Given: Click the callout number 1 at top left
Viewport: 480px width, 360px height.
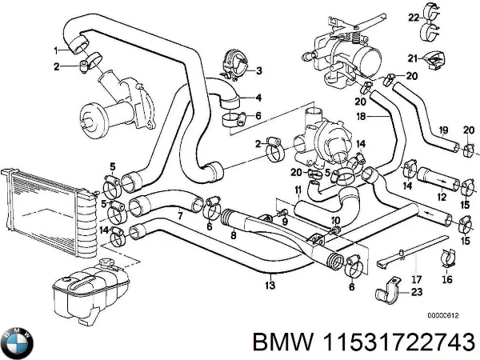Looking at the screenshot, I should point(56,50).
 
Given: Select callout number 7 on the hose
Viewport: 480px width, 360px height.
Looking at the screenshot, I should point(180,217).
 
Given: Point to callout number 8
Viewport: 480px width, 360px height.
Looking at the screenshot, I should point(232,236).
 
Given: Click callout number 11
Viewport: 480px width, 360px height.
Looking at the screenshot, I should point(298,190).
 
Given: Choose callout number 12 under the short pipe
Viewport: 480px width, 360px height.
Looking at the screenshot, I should point(440,197).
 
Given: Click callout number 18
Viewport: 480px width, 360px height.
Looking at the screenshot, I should point(361,117).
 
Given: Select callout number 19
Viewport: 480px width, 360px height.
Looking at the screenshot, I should point(442,130).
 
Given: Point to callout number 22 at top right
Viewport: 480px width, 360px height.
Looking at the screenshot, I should point(413,16).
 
